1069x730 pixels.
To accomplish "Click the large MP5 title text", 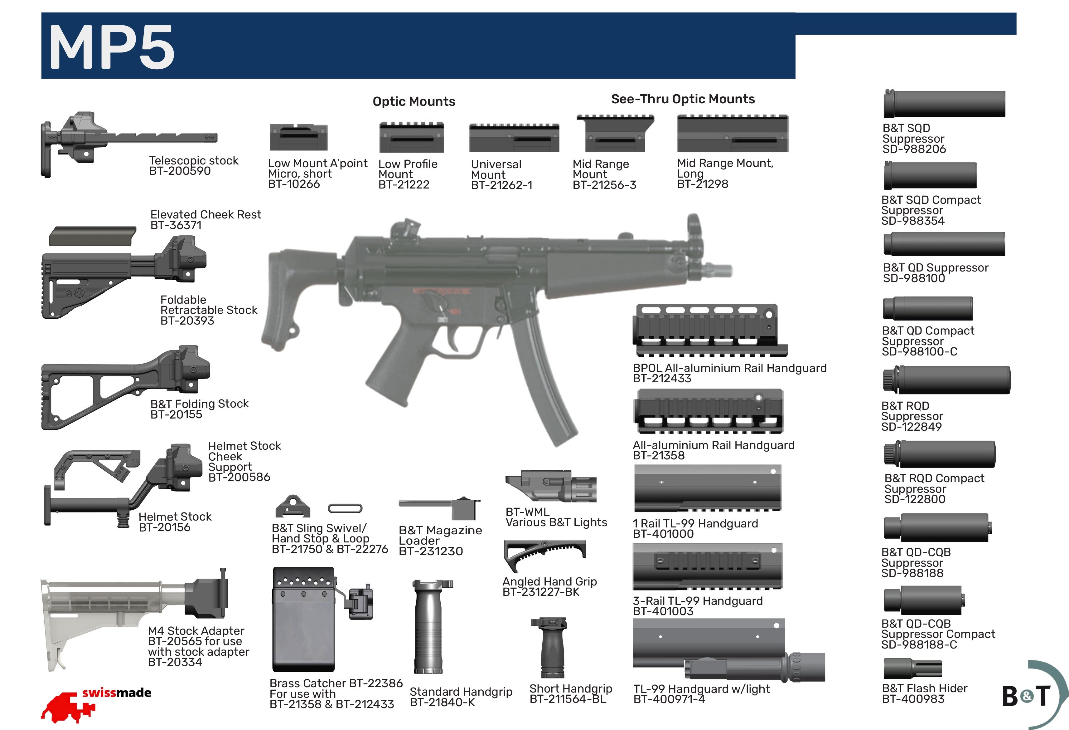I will [x=112, y=47].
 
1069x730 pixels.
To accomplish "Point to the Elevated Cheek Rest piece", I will [x=92, y=236].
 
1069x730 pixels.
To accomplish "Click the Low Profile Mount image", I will [x=411, y=137].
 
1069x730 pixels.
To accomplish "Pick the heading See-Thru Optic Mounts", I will [x=683, y=99].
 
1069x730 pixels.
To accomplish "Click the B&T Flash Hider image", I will [x=912, y=668].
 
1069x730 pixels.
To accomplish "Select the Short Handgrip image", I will [x=549, y=647].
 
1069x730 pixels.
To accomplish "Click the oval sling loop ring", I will [x=345, y=509].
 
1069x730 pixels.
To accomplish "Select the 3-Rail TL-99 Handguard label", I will [x=697, y=601].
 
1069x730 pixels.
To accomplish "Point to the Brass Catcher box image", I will [x=304, y=621].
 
